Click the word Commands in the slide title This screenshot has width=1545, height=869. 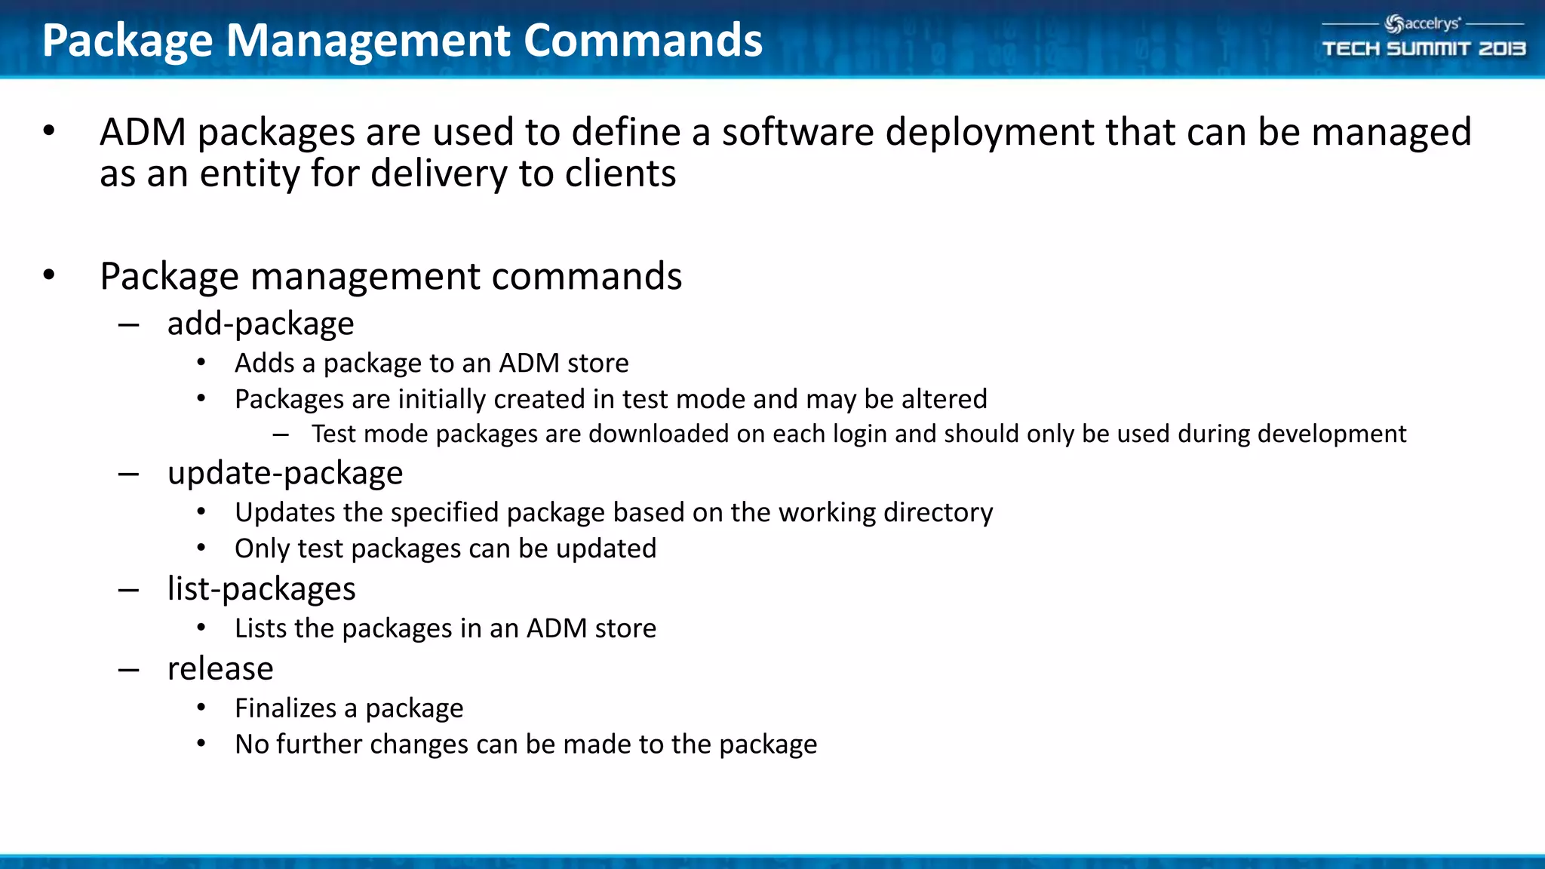coord(643,41)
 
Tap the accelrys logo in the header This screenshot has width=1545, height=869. coord(1423,24)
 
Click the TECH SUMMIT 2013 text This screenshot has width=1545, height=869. coord(1424,49)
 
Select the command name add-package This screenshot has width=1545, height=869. coord(260,324)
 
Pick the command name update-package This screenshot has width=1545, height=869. coord(285,474)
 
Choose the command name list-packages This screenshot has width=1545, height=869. coord(261,589)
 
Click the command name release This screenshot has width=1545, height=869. coord(220,669)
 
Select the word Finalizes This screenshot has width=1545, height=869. coord(285,708)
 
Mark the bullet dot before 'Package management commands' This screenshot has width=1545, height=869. coord(49,275)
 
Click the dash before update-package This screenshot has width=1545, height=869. coord(128,474)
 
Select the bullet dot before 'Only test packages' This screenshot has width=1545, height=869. coord(201,548)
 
